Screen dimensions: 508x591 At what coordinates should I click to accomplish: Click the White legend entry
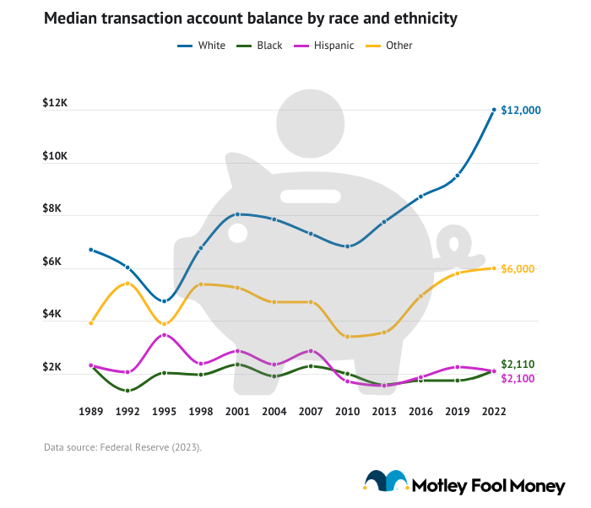pos(202,45)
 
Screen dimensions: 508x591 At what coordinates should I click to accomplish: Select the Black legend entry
pos(263,45)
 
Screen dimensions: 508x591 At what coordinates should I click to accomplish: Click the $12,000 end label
pos(520,110)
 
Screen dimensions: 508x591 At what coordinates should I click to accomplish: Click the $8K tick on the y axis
pos(54,208)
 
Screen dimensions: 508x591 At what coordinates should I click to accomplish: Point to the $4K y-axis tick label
pos(54,314)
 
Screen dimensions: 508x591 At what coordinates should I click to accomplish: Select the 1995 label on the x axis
pos(165,411)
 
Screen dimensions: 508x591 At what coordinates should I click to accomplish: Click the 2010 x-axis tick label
pos(347,411)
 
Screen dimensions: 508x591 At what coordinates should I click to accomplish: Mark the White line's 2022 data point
pos(494,110)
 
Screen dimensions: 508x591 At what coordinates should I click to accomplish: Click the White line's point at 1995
pos(165,301)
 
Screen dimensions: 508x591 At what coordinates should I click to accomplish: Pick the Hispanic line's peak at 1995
pos(165,335)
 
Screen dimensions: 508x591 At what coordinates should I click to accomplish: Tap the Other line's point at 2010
pos(347,337)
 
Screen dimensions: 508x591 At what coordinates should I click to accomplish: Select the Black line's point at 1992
pos(127,391)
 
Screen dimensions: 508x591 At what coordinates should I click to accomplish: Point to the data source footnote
pos(122,447)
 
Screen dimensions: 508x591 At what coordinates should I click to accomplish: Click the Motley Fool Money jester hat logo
pos(385,482)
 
